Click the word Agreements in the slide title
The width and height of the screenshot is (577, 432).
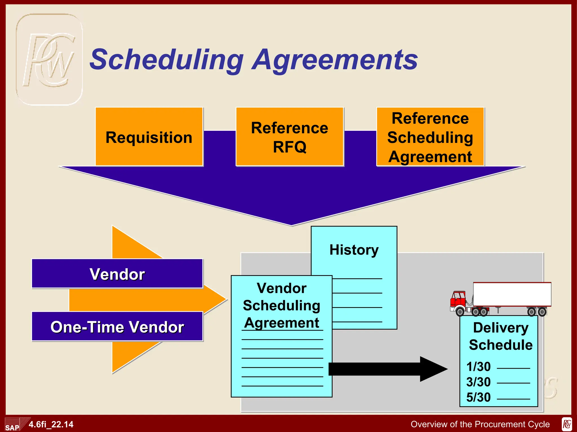tap(335, 60)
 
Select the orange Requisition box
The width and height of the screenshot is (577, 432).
tap(149, 137)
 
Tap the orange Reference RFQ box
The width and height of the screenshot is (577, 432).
tap(290, 137)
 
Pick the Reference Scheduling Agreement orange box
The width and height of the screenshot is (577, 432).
tap(430, 137)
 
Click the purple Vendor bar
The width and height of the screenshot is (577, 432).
tap(117, 274)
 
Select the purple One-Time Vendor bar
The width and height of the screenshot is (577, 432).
tap(117, 327)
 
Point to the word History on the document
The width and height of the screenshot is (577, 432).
tap(354, 250)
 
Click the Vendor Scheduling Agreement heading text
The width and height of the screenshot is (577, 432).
tap(281, 305)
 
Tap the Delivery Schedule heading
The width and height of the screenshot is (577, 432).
tap(501, 336)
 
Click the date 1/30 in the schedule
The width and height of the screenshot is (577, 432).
tap(478, 367)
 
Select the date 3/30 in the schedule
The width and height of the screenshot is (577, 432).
tap(478, 382)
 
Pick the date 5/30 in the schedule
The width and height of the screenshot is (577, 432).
tap(478, 397)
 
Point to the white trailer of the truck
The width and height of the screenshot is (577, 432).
tap(512, 294)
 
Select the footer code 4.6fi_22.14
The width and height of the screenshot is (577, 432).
tap(51, 424)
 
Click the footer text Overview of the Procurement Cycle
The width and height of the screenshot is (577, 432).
tap(480, 424)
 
